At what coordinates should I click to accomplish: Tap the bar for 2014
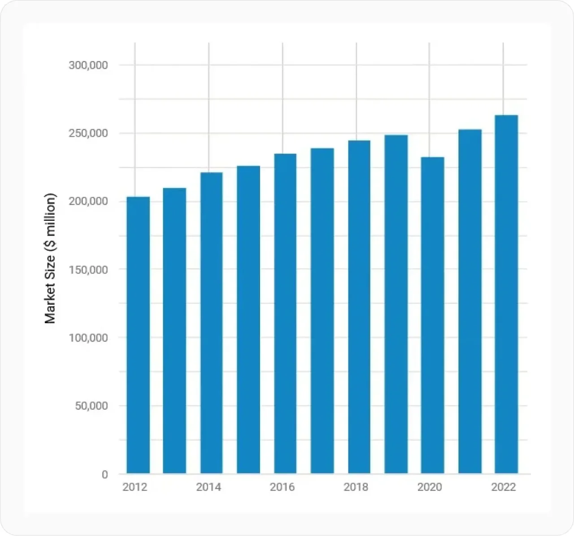coord(211,323)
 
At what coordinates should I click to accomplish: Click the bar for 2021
coord(470,301)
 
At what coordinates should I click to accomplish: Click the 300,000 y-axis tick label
coord(88,66)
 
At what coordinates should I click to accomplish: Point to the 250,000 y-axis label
coord(88,134)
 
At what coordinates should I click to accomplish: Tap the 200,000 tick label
coord(88,202)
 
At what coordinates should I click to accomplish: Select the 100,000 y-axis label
coord(88,338)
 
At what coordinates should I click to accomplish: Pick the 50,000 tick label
coord(91,406)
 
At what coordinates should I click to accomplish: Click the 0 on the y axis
coord(105,474)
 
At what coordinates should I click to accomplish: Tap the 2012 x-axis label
coord(135,487)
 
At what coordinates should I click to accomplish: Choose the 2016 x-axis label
coord(283,487)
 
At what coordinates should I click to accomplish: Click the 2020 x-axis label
coord(430,487)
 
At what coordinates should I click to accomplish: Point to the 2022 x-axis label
coord(504,487)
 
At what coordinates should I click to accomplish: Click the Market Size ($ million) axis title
coord(50,258)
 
